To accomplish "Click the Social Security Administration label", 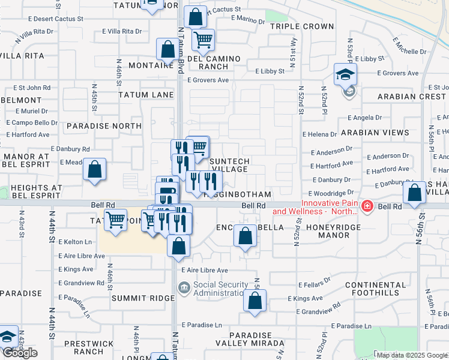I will click(x=220, y=289).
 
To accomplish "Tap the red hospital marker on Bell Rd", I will click(x=367, y=207).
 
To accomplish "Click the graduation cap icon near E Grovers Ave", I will click(x=346, y=75).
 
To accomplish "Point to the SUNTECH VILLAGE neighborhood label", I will click(x=230, y=165).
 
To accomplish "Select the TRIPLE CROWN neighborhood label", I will click(x=301, y=26).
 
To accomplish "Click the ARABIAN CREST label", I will click(x=412, y=97).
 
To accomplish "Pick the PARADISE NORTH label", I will click(x=104, y=126).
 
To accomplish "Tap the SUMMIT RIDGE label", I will click(x=131, y=298).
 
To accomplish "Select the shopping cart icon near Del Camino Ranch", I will click(x=203, y=40).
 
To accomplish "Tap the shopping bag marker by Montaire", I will click(x=166, y=50).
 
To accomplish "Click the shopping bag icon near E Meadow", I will click(x=95, y=170).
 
